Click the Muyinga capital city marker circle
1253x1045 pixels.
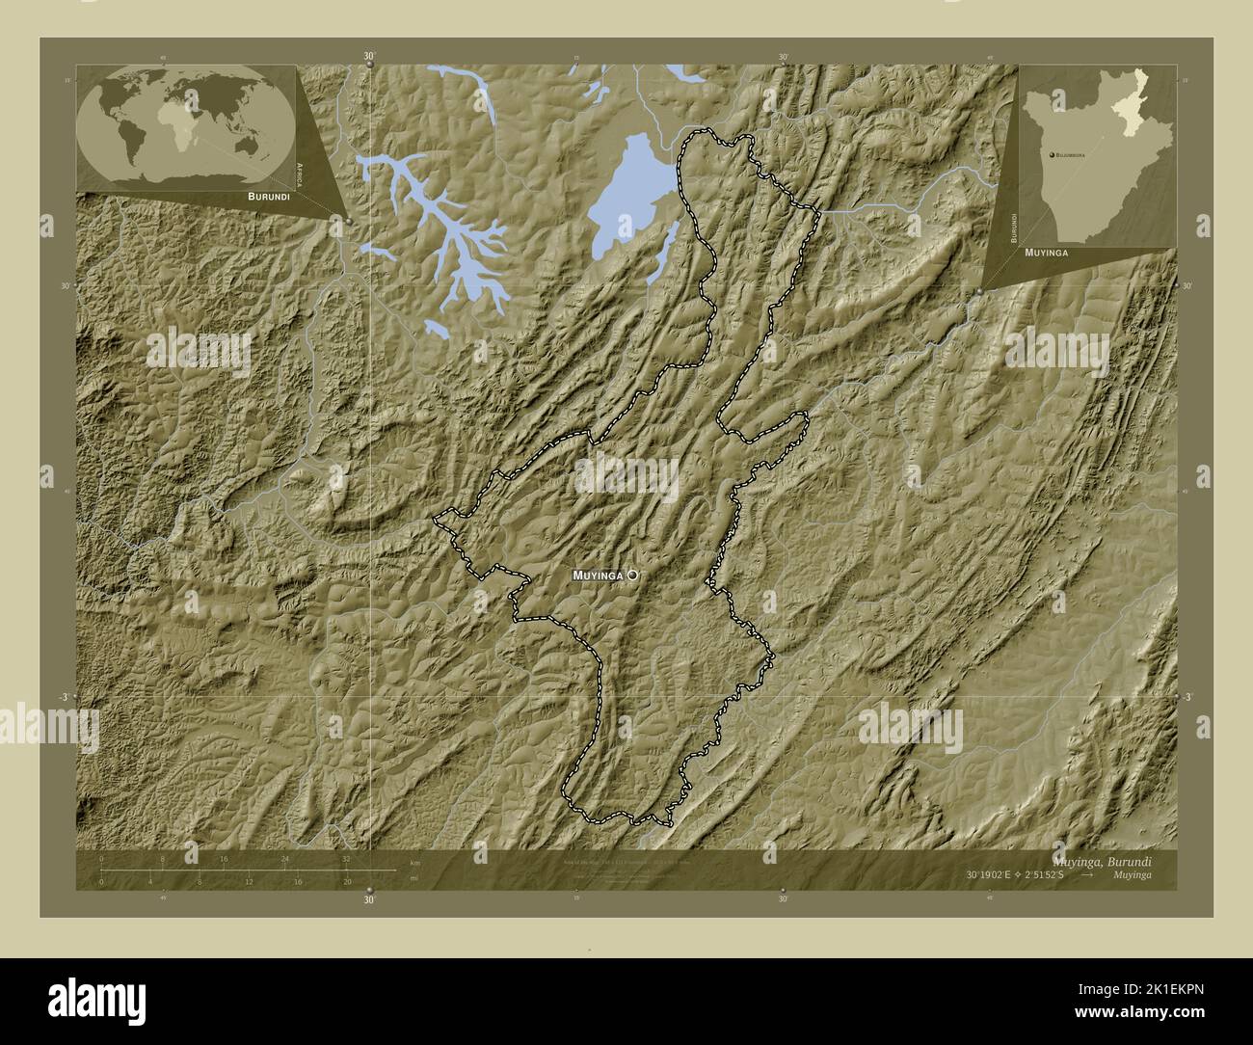632,575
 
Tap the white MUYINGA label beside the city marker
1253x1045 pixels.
598,576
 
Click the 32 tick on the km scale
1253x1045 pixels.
347,858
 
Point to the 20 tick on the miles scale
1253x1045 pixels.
347,881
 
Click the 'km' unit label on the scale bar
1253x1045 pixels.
414,862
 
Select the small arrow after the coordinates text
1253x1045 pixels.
1086,875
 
